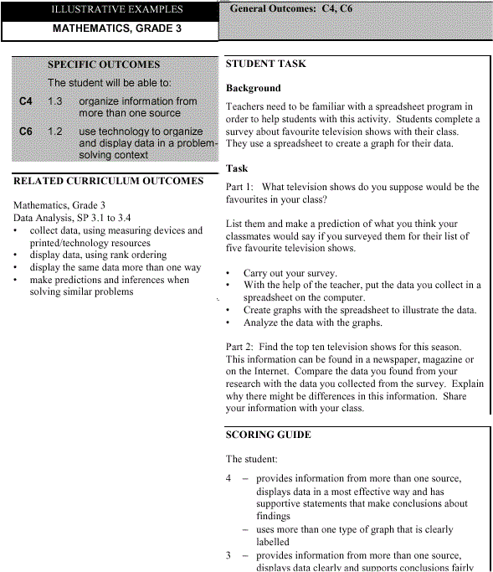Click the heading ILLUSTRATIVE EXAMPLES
(x=116, y=10)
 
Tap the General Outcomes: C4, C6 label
(x=291, y=8)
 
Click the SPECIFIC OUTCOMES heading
(x=104, y=64)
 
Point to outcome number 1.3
(x=55, y=101)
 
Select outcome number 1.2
(x=55, y=131)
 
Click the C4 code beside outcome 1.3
(x=27, y=101)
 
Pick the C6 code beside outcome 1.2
(x=27, y=131)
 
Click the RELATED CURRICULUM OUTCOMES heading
(x=108, y=181)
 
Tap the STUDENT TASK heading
(x=266, y=64)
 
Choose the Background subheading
(x=254, y=88)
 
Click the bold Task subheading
(x=238, y=168)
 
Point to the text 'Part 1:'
(x=241, y=188)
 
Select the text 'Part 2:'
(x=241, y=347)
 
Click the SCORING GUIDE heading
(x=268, y=435)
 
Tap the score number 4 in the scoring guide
(x=229, y=479)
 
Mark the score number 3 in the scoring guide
(x=229, y=555)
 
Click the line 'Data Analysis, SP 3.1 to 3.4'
(x=73, y=218)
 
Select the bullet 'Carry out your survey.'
(x=290, y=273)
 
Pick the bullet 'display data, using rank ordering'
(x=98, y=255)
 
